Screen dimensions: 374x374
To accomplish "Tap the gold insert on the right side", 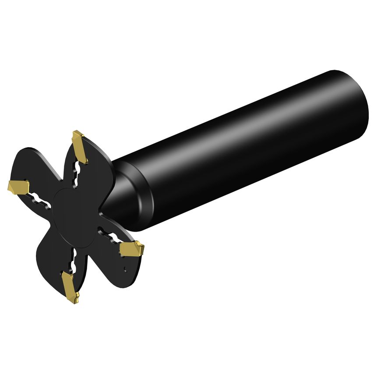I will pyautogui.click(x=131, y=250).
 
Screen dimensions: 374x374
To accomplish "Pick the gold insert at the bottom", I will pyautogui.click(x=70, y=287).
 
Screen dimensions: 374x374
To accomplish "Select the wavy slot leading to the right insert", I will pyautogui.click(x=111, y=236).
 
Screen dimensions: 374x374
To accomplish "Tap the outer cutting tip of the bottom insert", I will pyautogui.click(x=73, y=302).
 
